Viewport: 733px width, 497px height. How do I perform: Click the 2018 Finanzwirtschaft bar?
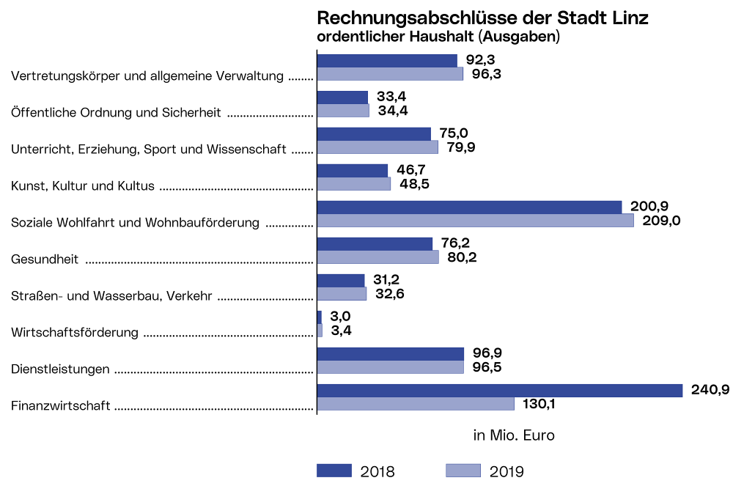click(500, 391)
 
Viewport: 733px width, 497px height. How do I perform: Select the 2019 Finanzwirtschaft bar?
click(416, 404)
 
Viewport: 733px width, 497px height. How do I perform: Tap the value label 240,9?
click(710, 390)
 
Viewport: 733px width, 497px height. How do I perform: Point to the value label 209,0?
click(662, 221)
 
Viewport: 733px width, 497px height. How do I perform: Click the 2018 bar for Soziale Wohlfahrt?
click(469, 207)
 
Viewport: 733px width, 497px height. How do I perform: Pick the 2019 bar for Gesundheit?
click(377, 257)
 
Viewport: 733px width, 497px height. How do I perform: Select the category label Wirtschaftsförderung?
click(75, 333)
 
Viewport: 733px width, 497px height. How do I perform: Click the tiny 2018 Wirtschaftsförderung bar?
click(320, 317)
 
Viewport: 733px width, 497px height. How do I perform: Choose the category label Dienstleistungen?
click(60, 369)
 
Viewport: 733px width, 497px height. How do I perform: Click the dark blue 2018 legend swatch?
click(334, 471)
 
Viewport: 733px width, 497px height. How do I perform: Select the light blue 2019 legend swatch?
click(463, 471)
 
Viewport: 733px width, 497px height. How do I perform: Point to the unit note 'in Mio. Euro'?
click(514, 435)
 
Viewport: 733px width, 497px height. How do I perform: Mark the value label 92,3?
click(481, 60)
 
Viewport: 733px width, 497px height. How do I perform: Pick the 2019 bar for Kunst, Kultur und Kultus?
click(354, 184)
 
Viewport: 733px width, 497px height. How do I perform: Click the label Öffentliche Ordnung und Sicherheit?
click(117, 112)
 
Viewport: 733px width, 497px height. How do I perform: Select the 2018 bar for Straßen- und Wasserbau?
click(341, 281)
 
